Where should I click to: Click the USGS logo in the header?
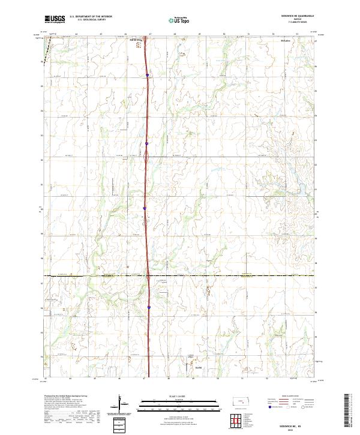[x=55, y=19]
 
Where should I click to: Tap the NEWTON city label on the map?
[x=136, y=40]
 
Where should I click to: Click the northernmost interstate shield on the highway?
[x=147, y=75]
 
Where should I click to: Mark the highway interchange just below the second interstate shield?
[x=146, y=157]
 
